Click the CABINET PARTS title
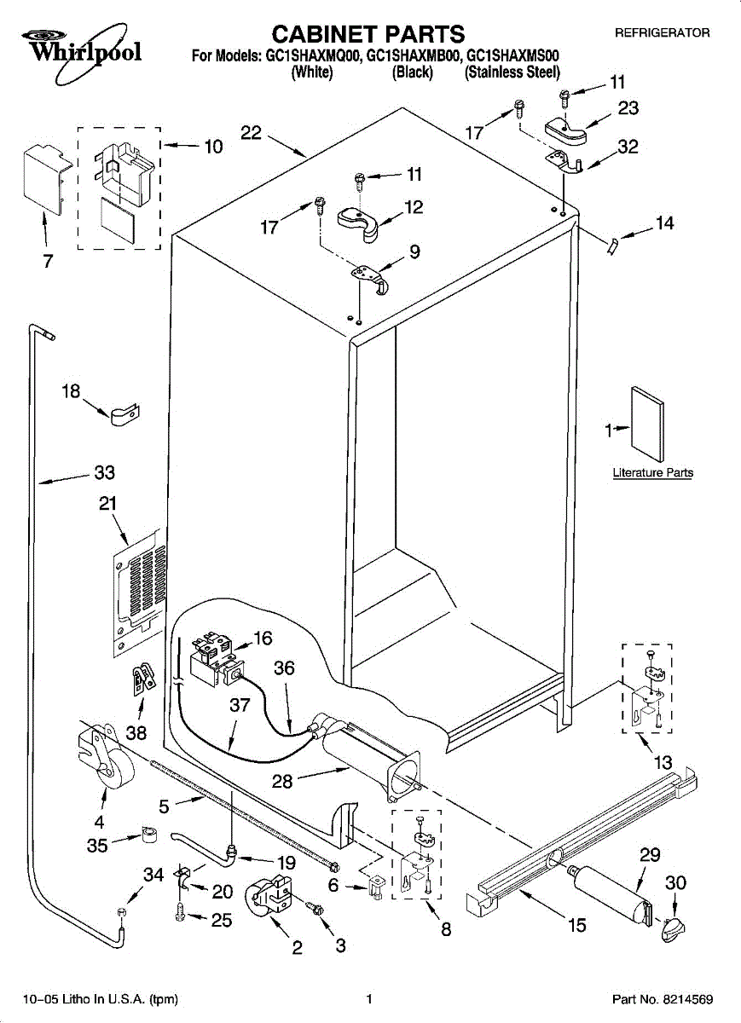368,33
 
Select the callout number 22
251,133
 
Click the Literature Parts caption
652,472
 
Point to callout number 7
48,261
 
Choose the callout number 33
104,473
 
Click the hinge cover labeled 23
565,129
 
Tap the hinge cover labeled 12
357,219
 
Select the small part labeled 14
611,246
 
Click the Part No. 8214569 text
662,999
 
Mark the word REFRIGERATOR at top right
662,32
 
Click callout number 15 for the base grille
576,924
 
